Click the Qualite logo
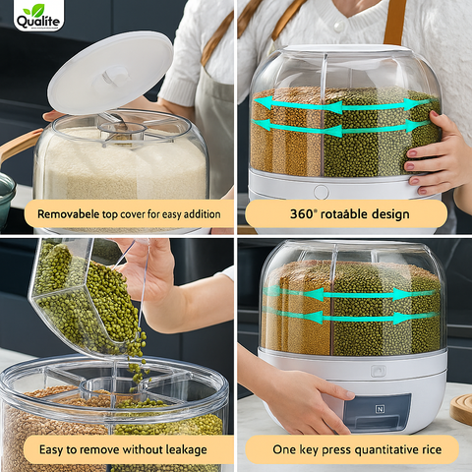coord(38,16)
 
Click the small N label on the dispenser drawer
coord(380,407)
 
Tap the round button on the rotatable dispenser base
coord(321,192)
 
